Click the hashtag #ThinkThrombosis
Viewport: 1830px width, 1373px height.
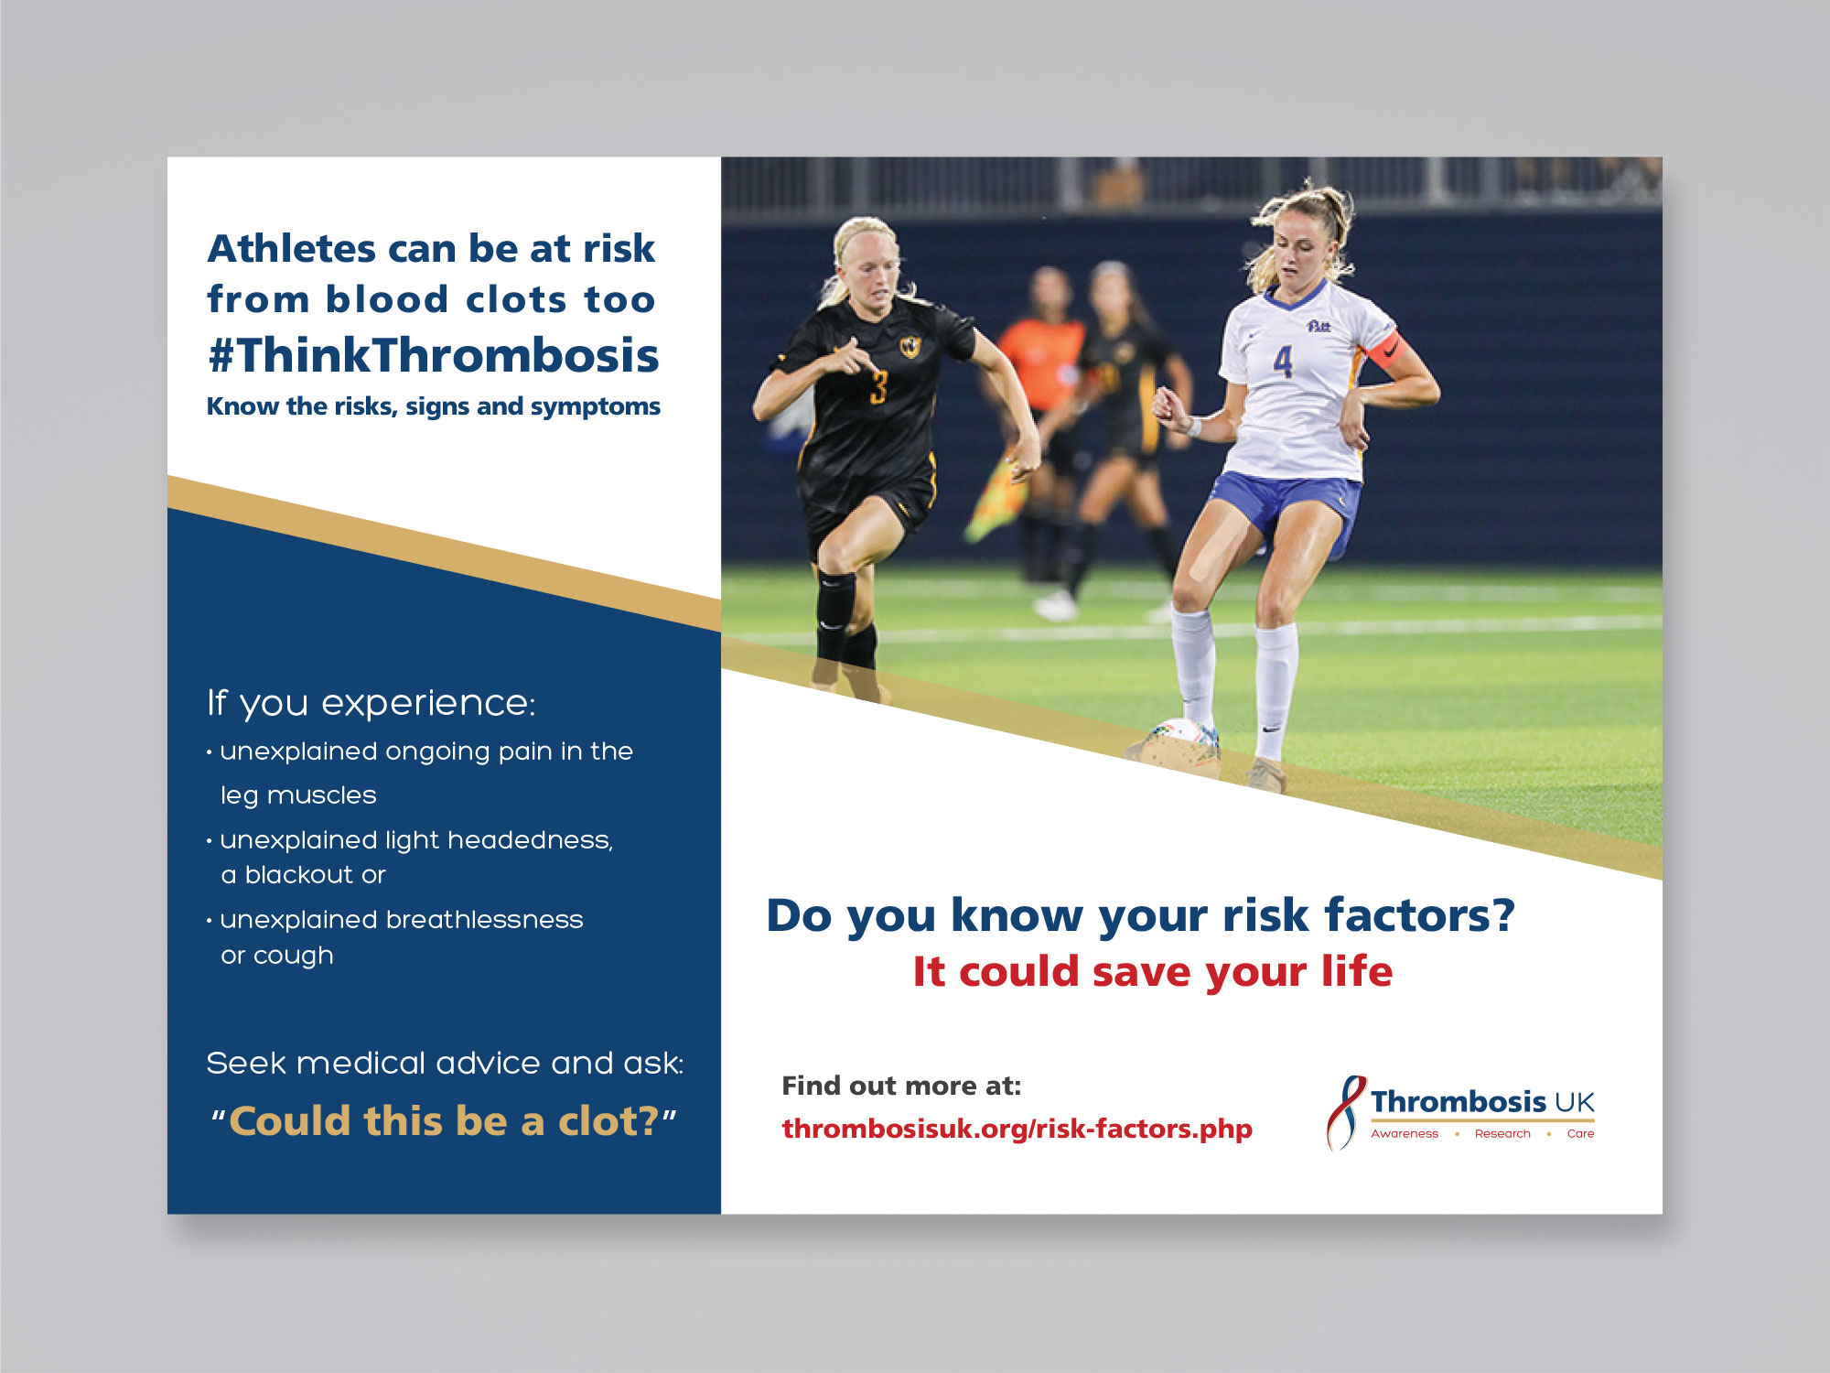[433, 355]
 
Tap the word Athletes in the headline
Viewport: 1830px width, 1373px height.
[292, 248]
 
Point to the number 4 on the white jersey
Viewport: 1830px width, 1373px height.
[1283, 362]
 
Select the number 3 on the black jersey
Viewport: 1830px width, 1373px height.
[878, 387]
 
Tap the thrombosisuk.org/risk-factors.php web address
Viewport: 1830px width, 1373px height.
[1017, 1129]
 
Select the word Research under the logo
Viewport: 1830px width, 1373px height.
[1502, 1133]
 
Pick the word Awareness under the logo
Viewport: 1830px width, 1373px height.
[1405, 1133]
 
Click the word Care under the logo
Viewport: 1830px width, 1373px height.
[1580, 1133]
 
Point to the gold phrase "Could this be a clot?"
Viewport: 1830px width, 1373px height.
[444, 1121]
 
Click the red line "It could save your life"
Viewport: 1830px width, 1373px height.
[1153, 971]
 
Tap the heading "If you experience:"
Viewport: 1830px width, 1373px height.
[371, 703]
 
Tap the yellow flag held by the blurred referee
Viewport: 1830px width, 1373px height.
[997, 499]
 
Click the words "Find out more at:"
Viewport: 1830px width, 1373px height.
[901, 1086]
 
